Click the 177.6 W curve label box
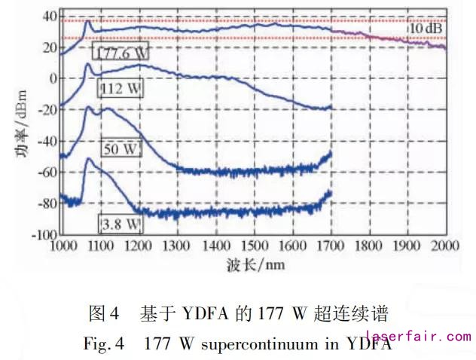click(121, 52)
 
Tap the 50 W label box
click(120, 148)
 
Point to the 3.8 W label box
click(121, 224)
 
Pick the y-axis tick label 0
click(50, 78)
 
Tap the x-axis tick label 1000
click(62, 246)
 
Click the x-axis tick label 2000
click(444, 246)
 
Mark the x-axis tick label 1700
click(330, 246)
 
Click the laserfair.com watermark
click(418, 336)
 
